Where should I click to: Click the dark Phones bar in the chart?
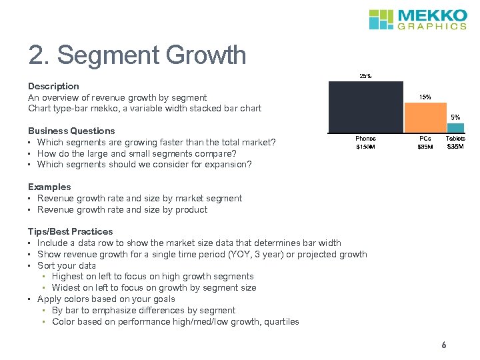tap(366, 107)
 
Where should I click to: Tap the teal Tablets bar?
tap(455, 127)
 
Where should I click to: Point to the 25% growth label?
tap(366, 76)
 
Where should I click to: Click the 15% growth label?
tap(425, 97)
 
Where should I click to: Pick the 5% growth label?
tap(455, 117)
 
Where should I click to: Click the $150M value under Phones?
tap(366, 147)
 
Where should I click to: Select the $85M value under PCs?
tap(425, 147)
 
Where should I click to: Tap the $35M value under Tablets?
tap(456, 147)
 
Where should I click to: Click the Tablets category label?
tap(456, 139)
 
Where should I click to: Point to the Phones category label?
tap(366, 139)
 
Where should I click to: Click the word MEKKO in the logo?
tap(432, 15)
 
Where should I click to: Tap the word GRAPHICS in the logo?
tap(432, 27)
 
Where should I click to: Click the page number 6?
tap(443, 345)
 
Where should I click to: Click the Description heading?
tap(53, 86)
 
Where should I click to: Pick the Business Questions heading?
tap(71, 131)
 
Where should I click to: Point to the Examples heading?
tap(49, 187)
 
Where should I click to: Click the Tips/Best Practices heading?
tap(70, 231)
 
